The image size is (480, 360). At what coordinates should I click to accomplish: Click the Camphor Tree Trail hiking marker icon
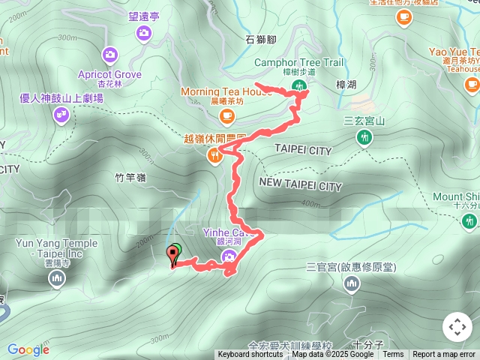click(300, 87)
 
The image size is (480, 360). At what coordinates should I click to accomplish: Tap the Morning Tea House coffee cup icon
click(227, 116)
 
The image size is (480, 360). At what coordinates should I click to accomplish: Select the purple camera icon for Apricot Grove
click(110, 55)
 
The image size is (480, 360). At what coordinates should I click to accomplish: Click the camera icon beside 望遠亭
click(143, 33)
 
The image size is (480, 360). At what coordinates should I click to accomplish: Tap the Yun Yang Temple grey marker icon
click(57, 280)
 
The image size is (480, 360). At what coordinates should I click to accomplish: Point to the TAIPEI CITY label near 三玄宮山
click(303, 151)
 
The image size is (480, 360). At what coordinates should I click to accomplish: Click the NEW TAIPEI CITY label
click(301, 184)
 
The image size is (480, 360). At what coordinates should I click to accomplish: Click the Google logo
click(28, 349)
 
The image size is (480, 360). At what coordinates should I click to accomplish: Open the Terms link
click(393, 355)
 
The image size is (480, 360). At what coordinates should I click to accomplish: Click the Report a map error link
click(444, 355)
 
